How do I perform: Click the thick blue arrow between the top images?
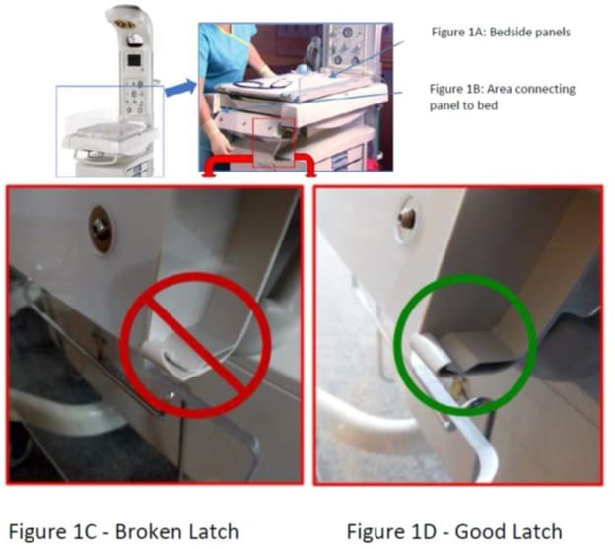[x=180, y=88]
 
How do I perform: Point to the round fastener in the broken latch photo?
[x=102, y=230]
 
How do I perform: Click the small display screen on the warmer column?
[x=134, y=60]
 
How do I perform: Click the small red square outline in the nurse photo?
[x=274, y=142]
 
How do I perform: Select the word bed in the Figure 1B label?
[x=488, y=105]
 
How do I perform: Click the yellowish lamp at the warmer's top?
[x=125, y=25]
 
